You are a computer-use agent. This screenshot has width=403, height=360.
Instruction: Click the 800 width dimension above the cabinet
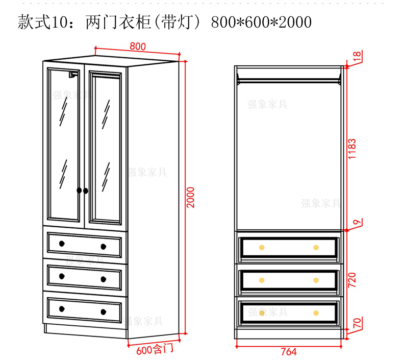(138, 46)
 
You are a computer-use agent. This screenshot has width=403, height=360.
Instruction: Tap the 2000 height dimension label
(191, 197)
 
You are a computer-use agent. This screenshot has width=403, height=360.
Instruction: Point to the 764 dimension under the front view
(289, 351)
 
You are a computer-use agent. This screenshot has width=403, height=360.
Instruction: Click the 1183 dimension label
(352, 149)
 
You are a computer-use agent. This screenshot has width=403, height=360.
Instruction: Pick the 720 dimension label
(352, 279)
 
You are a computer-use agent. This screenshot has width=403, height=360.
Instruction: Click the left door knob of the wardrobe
(79, 190)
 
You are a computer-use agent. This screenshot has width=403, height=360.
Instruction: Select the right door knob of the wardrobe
(86, 190)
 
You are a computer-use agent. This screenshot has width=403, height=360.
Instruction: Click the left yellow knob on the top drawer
(262, 247)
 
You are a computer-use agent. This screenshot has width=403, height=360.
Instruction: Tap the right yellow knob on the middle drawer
(316, 280)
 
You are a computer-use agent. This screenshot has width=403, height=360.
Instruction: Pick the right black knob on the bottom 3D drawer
(103, 311)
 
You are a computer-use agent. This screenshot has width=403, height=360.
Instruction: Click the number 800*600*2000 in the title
(261, 22)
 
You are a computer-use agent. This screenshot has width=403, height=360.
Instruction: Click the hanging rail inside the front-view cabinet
(289, 79)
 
